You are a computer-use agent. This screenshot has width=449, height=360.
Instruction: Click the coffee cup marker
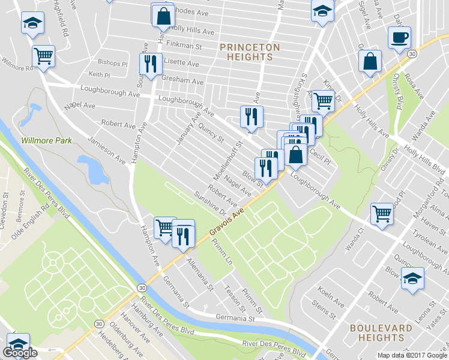coord(399,38)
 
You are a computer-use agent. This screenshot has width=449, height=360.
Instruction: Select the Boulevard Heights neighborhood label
coord(381,334)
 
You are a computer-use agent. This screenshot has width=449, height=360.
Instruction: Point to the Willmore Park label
coord(46,140)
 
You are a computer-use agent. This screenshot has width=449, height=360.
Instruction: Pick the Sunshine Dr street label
coord(209,205)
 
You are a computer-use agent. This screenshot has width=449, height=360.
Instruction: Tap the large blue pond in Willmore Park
coord(89,169)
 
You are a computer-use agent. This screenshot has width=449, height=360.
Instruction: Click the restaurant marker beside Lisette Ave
coord(149,64)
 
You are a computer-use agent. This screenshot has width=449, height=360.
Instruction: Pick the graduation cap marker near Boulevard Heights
coord(412,278)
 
